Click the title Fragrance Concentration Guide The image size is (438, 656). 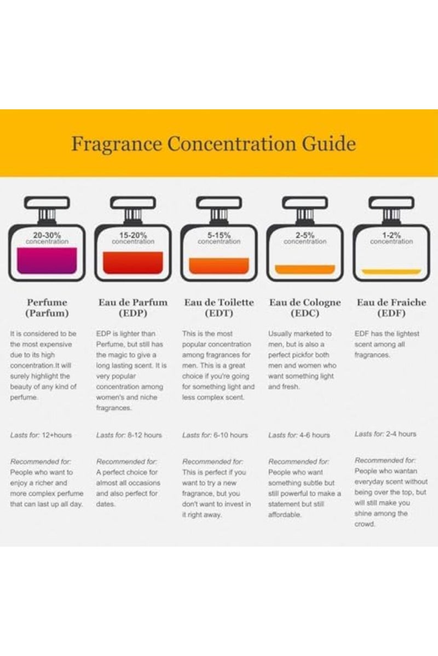214,144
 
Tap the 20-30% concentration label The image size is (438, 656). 47,238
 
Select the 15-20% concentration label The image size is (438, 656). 133,238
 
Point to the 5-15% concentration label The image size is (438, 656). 219,238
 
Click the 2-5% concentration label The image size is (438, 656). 305,238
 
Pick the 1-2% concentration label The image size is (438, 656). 391,238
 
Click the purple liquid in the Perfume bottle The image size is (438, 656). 47,260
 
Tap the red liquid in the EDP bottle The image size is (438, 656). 133,262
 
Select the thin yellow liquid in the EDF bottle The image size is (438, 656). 391,271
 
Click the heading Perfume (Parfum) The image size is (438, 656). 47,308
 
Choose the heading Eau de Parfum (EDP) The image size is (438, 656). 133,308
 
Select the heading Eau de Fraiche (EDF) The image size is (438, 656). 391,308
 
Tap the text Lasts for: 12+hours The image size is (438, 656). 41,435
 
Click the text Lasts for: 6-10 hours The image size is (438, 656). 215,435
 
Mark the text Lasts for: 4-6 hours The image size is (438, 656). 299,435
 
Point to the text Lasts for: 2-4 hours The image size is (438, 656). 385,434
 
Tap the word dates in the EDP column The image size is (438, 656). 106,505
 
